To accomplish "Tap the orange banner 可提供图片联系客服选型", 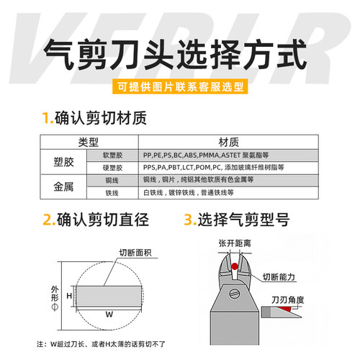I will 180,88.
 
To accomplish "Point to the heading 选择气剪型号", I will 245,219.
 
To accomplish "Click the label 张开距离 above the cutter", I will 232,243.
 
